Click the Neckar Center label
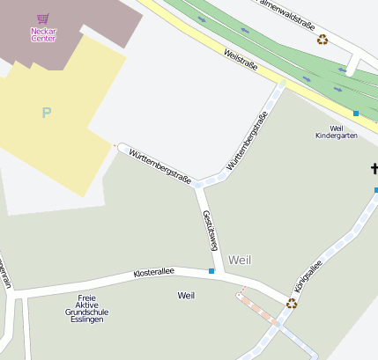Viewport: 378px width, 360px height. tap(43, 33)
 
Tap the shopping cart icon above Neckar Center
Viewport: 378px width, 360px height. tap(43, 18)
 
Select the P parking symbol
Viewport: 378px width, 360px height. tap(46, 113)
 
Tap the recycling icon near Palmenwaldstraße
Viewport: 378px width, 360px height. tap(322, 39)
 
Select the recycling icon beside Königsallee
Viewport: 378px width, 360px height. tap(292, 303)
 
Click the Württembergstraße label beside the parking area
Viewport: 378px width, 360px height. tap(159, 165)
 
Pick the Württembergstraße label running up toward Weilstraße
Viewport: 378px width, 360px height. tap(247, 141)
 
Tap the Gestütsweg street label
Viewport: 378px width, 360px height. tap(209, 231)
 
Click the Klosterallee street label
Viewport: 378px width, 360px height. tap(153, 275)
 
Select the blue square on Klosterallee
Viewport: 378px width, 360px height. tap(211, 271)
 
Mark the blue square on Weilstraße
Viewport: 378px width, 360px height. tap(356, 113)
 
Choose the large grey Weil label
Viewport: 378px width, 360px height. tap(240, 260)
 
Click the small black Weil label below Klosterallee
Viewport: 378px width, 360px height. tap(185, 295)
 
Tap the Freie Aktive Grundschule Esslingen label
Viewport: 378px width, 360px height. tap(86, 308)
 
